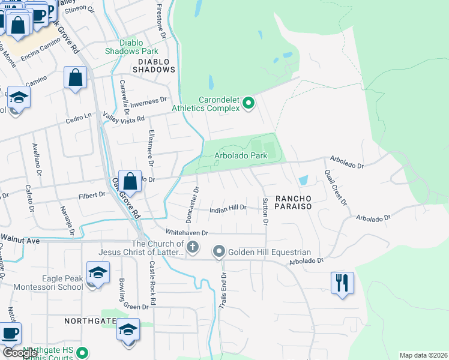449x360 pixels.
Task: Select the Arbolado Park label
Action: [x=241, y=155]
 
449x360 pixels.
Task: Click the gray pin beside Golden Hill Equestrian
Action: [x=219, y=251]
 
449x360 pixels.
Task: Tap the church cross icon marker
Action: [x=193, y=247]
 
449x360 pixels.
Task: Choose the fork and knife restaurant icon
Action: [x=342, y=281]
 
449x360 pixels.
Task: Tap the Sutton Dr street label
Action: [x=265, y=211]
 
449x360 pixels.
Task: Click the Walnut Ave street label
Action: [x=19, y=241]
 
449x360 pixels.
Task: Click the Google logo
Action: [x=20, y=353]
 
